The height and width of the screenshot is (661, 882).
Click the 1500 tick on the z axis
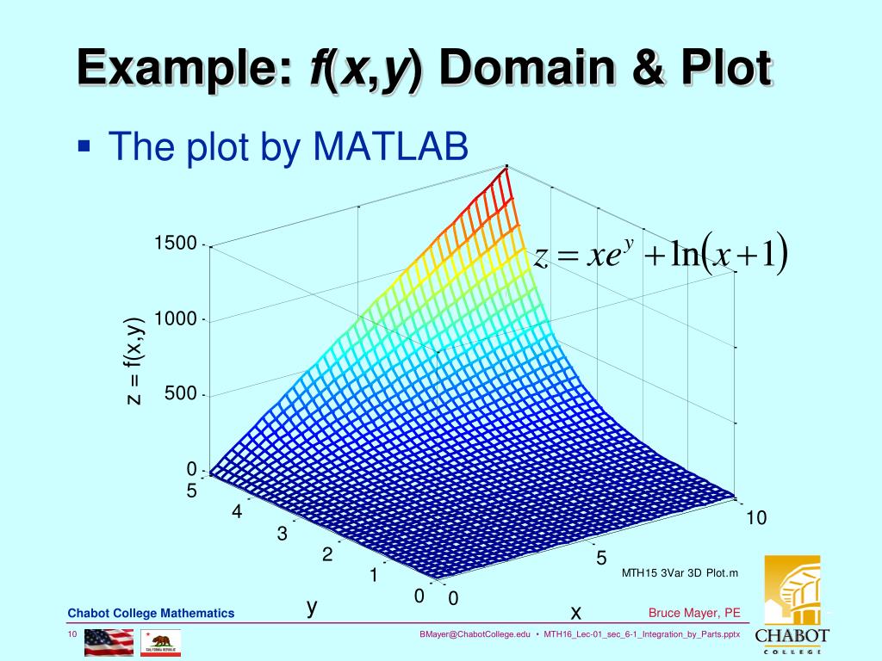point(176,244)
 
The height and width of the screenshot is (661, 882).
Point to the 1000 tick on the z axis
point(176,319)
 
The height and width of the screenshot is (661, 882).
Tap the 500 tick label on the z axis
point(181,394)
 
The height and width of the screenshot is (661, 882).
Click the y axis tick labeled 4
point(236,512)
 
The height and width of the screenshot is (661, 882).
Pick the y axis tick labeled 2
point(326,555)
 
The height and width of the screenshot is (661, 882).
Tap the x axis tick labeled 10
point(755,517)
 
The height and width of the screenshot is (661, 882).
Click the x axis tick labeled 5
point(601,559)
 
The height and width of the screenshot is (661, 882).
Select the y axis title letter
point(312,608)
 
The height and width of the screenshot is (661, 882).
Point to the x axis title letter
point(575,612)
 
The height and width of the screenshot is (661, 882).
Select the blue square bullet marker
point(84,145)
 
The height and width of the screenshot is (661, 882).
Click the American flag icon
point(109,642)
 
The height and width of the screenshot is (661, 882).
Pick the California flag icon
point(161,642)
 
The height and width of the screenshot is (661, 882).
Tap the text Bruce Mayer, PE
point(694,613)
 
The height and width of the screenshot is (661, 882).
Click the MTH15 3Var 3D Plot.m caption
point(680,573)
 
